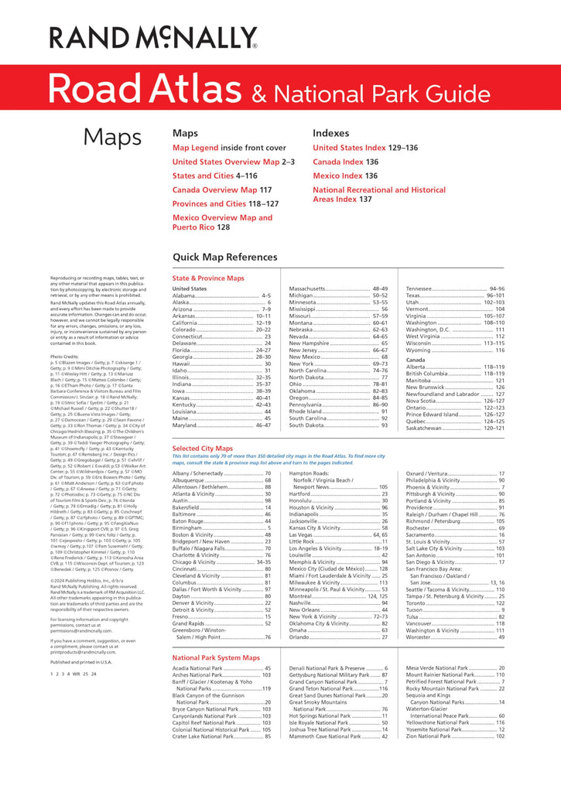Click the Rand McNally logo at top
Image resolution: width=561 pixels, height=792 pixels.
point(153,36)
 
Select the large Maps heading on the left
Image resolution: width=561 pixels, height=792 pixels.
point(112,137)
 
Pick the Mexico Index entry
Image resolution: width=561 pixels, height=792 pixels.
point(337,176)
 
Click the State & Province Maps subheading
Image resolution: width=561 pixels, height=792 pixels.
point(207,278)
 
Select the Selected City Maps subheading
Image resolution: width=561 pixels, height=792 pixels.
point(202,448)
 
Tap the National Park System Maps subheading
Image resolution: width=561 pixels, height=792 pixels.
point(215,657)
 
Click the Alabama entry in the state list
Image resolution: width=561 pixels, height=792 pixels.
point(183,295)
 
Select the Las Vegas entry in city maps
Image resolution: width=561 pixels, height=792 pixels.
point(303,534)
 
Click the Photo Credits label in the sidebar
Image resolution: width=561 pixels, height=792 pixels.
point(64,357)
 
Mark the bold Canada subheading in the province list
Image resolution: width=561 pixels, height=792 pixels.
point(416,360)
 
